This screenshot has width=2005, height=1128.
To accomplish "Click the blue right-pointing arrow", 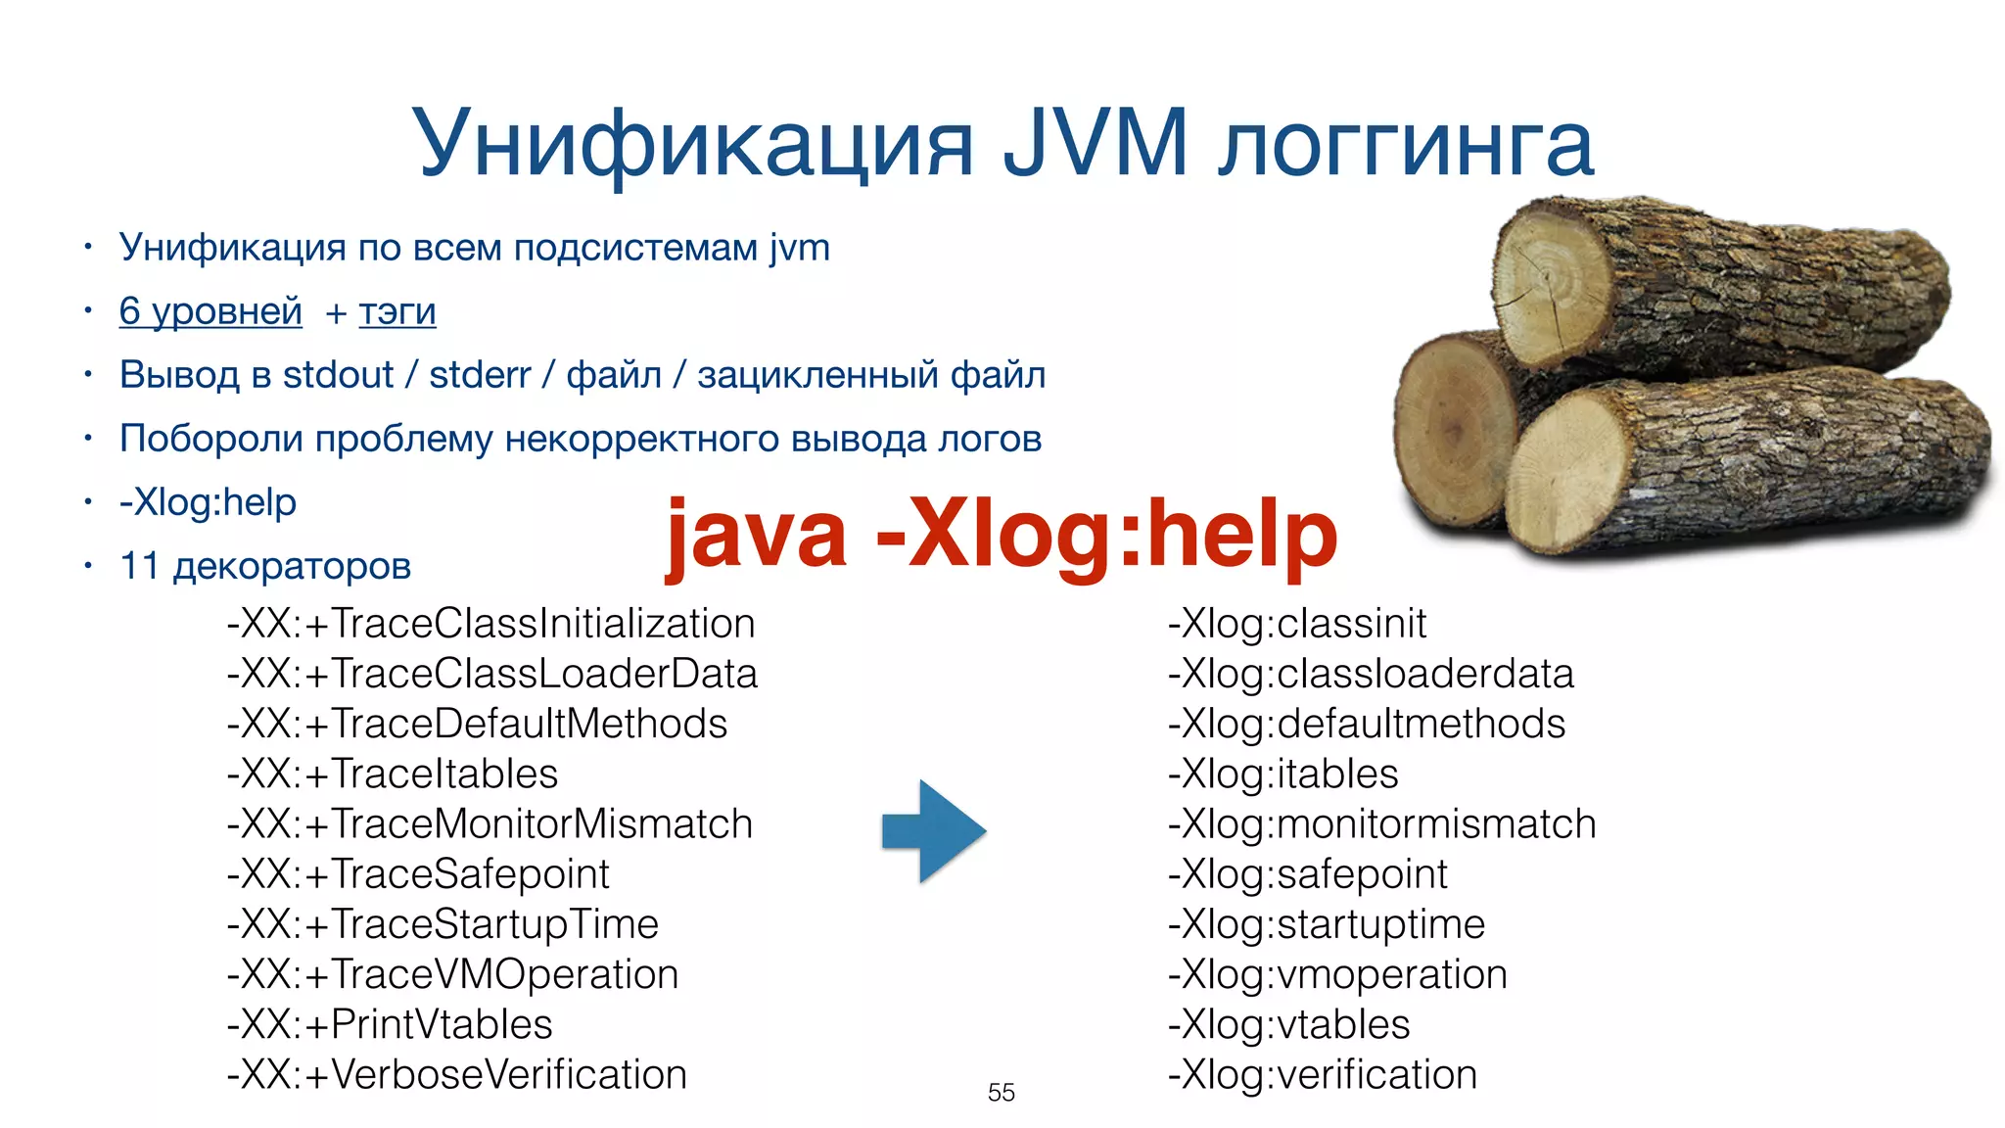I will [x=933, y=830].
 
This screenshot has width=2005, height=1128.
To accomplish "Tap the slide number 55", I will [x=1001, y=1092].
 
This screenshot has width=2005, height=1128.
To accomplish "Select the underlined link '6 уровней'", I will [x=210, y=311].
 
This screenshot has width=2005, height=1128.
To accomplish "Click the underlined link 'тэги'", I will [x=396, y=311].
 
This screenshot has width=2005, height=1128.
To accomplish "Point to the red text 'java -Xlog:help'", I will [x=1001, y=535].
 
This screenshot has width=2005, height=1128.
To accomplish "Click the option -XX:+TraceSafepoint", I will [x=418, y=873].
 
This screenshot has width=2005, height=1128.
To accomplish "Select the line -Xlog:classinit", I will [x=1296, y=624].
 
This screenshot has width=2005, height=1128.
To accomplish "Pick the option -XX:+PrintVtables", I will [x=390, y=1024].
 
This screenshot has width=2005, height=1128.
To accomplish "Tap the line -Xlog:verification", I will [x=1322, y=1074].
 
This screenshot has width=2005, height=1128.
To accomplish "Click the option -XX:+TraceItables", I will [x=393, y=774].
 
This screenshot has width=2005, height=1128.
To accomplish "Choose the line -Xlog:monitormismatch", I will [x=1381, y=823].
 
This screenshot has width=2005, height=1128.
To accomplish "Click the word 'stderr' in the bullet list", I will [x=480, y=375].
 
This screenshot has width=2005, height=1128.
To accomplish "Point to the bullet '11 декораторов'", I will [x=264, y=566].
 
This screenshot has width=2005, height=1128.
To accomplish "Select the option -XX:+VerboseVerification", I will [x=457, y=1074].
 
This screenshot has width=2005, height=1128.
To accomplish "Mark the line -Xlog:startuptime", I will [x=1327, y=924].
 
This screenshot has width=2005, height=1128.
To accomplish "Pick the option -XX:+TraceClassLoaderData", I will [x=492, y=674].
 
